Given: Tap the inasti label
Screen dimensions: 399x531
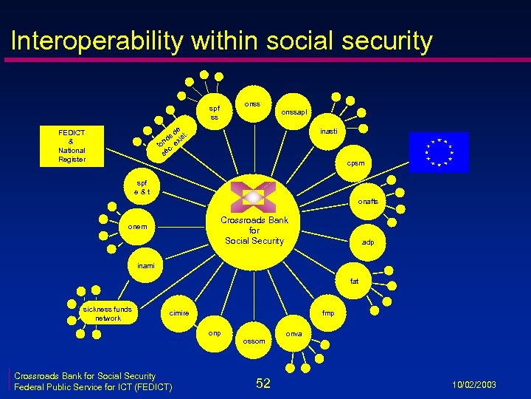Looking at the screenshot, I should pyautogui.click(x=330, y=131).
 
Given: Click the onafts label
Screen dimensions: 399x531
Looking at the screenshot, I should pyautogui.click(x=368, y=201).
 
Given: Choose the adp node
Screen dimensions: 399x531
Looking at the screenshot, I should pyautogui.click(x=367, y=242).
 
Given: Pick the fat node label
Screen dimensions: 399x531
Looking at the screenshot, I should pyautogui.click(x=355, y=281).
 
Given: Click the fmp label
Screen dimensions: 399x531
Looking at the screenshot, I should pyautogui.click(x=328, y=313).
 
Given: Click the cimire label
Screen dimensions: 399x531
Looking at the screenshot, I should pyautogui.click(x=179, y=313).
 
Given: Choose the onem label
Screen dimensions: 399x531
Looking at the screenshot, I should pyautogui.click(x=137, y=227).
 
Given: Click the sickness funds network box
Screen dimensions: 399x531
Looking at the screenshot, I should pyautogui.click(x=107, y=313).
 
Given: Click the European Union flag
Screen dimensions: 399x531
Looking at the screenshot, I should pyautogui.click(x=439, y=151).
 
